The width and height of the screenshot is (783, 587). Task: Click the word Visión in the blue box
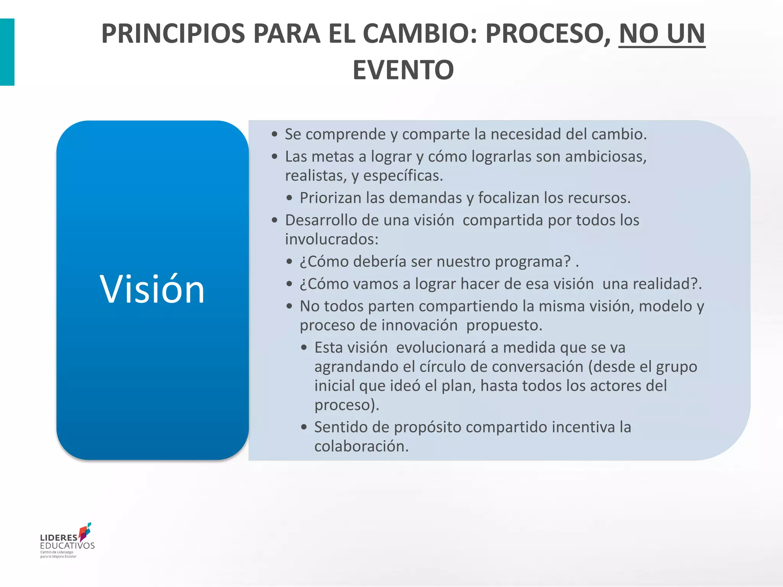tap(152, 289)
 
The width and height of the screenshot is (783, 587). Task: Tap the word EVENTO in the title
tap(403, 70)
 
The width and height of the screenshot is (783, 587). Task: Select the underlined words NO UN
tap(661, 34)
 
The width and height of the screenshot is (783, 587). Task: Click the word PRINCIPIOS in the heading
tap(173, 34)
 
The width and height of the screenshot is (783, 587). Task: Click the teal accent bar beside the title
tap(7, 52)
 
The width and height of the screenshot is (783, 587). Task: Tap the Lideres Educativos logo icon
tap(85, 532)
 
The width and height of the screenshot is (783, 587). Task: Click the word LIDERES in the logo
tap(59, 538)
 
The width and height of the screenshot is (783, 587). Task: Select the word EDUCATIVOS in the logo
tap(67, 546)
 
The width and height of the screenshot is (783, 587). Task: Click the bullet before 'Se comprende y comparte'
tap(275, 135)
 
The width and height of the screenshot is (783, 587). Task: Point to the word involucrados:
tap(331, 240)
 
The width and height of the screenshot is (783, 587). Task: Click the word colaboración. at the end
tap(361, 446)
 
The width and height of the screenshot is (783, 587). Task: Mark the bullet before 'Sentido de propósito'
tap(304, 427)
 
